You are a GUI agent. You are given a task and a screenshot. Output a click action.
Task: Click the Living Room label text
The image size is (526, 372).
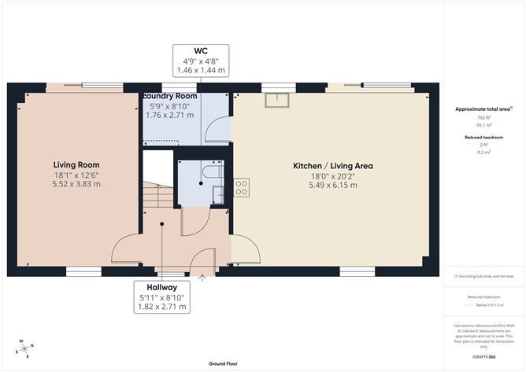(x=76, y=164)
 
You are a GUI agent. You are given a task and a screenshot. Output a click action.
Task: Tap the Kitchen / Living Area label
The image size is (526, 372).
(x=332, y=166)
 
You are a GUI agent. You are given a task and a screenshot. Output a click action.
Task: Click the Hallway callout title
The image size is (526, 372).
(x=161, y=286)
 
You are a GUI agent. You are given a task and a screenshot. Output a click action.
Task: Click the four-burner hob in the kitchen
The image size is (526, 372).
(x=242, y=188)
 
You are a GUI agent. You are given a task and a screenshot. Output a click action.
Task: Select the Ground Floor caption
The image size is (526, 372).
(x=224, y=364)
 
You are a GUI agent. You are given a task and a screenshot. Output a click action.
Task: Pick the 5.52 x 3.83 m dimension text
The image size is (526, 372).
(x=76, y=184)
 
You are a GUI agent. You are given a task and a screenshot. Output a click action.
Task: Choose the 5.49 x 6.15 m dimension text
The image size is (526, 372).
(x=332, y=186)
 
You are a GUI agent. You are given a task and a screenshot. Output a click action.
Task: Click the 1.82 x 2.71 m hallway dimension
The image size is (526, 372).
(x=161, y=306)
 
